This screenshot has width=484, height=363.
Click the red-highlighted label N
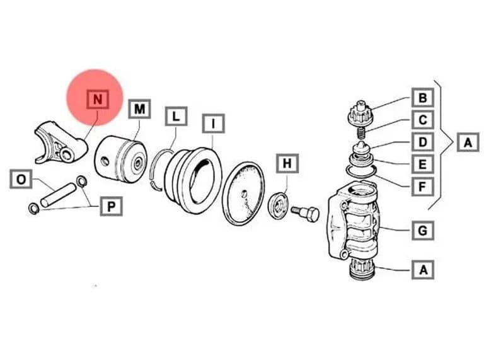click(98, 99)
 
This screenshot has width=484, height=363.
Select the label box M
click(139, 108)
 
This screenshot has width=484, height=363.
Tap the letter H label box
click(287, 163)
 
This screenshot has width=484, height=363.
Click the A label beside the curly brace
click(468, 142)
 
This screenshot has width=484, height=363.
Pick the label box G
click(423, 230)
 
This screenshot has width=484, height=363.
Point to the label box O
click(21, 179)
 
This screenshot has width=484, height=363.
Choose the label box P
click(111, 206)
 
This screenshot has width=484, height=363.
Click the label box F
click(423, 187)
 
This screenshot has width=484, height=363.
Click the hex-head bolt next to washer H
click(305, 213)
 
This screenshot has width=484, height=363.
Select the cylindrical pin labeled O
click(59, 195)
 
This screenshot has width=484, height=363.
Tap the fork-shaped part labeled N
click(61, 142)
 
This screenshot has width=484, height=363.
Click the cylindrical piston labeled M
click(120, 159)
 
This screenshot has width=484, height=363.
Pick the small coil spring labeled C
click(360, 132)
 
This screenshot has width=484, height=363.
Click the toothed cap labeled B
click(360, 114)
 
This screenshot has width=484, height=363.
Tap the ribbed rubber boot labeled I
click(193, 180)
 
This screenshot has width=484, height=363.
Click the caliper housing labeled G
click(353, 222)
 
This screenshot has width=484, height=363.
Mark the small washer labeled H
click(279, 205)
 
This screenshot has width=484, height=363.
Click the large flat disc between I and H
click(243, 193)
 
